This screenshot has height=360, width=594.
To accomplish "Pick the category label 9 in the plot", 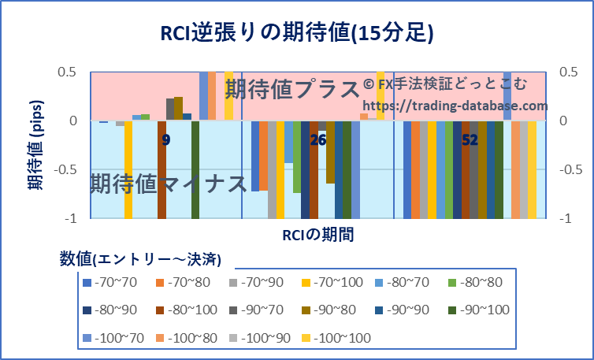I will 165,140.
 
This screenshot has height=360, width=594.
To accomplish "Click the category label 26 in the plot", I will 318,140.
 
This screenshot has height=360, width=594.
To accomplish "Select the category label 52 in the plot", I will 470,140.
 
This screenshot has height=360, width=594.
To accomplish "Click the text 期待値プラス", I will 292,90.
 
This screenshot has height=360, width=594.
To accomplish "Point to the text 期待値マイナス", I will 169,184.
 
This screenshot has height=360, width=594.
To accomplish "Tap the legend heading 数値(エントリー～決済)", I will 140,258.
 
